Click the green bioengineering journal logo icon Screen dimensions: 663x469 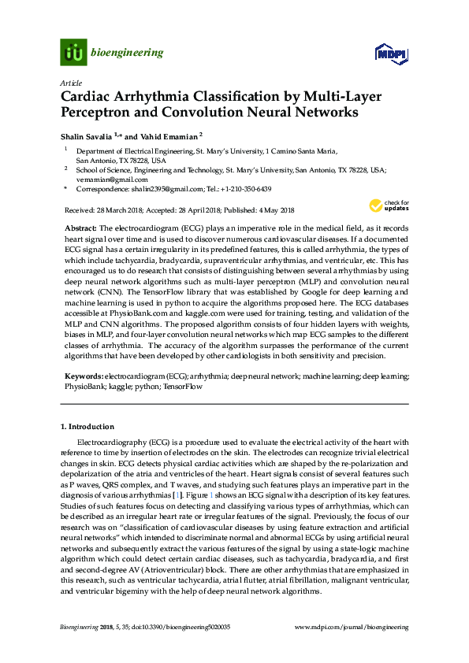pos(74,53)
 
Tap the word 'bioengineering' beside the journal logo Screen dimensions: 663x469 pos(128,53)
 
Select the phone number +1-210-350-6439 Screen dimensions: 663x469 pos(247,190)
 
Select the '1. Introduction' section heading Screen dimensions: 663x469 pos(87,427)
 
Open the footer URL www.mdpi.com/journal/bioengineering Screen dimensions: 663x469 pos(351,627)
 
